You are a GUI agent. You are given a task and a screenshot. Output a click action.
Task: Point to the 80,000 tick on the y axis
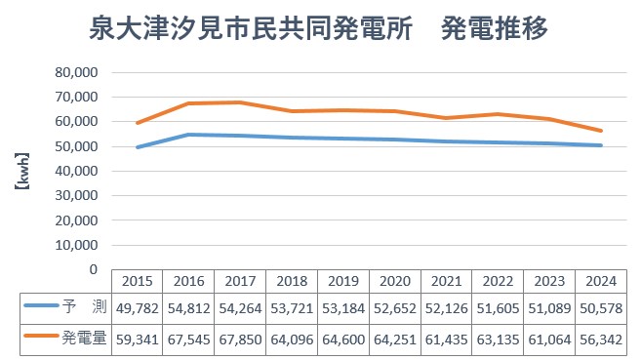click(78, 72)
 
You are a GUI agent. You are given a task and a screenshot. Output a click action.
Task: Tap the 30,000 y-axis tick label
click(78, 195)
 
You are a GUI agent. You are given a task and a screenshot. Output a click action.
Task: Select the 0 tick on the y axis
click(95, 269)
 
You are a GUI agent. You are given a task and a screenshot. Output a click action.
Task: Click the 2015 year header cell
click(137, 281)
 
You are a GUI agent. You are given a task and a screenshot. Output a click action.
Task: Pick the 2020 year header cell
click(395, 281)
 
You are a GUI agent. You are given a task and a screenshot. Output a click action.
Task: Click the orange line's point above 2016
click(188, 103)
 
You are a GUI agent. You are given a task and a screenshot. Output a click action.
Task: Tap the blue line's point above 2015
click(137, 147)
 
